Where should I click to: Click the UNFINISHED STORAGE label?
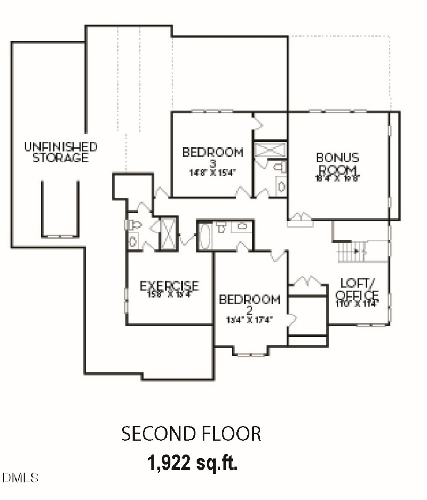[x=60, y=152]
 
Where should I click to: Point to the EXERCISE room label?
[x=169, y=286]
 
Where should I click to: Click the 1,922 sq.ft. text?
[x=192, y=463]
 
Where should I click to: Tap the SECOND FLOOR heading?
[x=192, y=434]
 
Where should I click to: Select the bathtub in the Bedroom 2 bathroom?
[x=205, y=236]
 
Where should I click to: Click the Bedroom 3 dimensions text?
[x=212, y=173]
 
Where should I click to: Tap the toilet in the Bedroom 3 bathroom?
[x=279, y=168]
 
